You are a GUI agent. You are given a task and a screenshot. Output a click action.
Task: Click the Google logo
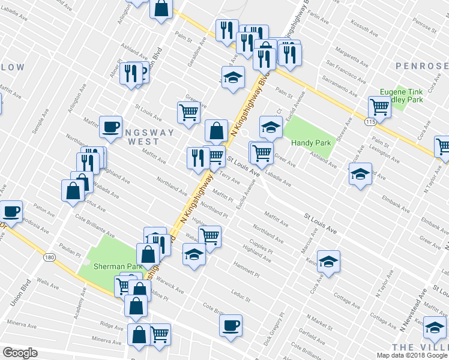pyautogui.click(x=20, y=353)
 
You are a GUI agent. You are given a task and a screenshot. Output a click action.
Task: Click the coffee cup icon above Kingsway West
pyautogui.click(x=110, y=127)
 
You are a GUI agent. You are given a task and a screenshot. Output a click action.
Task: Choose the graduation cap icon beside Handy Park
pyautogui.click(x=271, y=127)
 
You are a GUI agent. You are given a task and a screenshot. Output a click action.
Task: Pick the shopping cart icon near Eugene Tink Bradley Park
pyautogui.click(x=379, y=107)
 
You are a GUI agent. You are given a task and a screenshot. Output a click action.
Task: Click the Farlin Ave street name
pyautogui.click(x=318, y=18)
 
